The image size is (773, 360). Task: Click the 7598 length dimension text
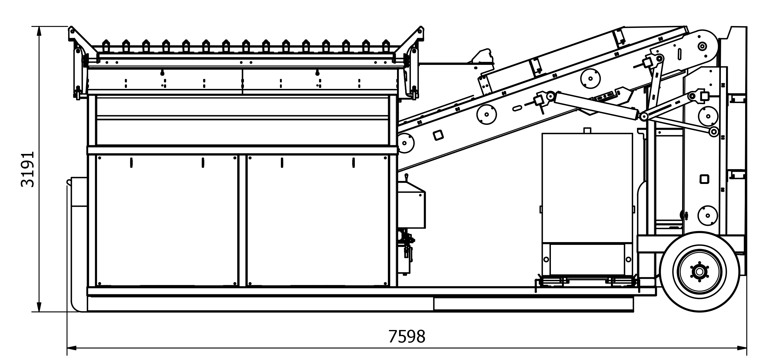[407, 336]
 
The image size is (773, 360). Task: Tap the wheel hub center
[699, 272]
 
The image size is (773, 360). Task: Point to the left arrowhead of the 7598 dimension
[72, 348]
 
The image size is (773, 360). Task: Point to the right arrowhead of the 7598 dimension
[742, 348]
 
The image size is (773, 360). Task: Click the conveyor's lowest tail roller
[405, 143]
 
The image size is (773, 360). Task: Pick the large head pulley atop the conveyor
[702, 46]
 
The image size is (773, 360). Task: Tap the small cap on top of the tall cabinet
[587, 130]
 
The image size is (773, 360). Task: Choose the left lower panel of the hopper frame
[167, 221]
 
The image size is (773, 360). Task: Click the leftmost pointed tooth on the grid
[106, 45]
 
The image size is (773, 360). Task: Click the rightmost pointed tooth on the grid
[386, 45]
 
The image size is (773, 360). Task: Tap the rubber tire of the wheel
[699, 272]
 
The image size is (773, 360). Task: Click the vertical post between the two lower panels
[242, 221]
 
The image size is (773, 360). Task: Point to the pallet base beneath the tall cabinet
[587, 282]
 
